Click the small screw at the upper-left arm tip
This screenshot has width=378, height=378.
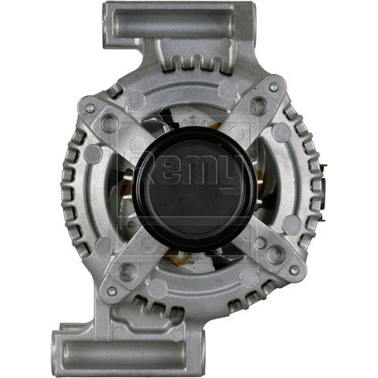pos(91,108)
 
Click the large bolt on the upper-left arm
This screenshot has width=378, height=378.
pos(109,124)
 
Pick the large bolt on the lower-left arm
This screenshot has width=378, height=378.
pos(127,271)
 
